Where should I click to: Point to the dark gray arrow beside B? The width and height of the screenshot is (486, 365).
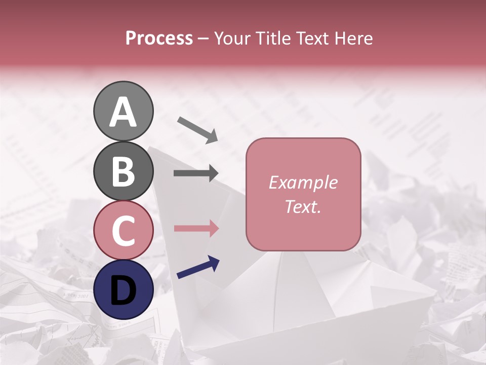point(196,173)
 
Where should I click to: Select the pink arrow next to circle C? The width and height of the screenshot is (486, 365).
point(196,228)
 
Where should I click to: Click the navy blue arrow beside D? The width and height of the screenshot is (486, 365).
point(198,267)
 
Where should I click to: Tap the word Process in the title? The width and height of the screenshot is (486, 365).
point(159,39)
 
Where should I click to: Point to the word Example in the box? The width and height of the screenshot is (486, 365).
point(303,182)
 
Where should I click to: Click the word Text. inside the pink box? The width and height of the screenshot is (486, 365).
point(303,206)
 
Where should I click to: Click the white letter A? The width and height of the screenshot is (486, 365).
point(123,113)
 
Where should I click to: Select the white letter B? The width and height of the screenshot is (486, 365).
point(123,171)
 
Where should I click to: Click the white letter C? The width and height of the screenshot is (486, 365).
point(123,231)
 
